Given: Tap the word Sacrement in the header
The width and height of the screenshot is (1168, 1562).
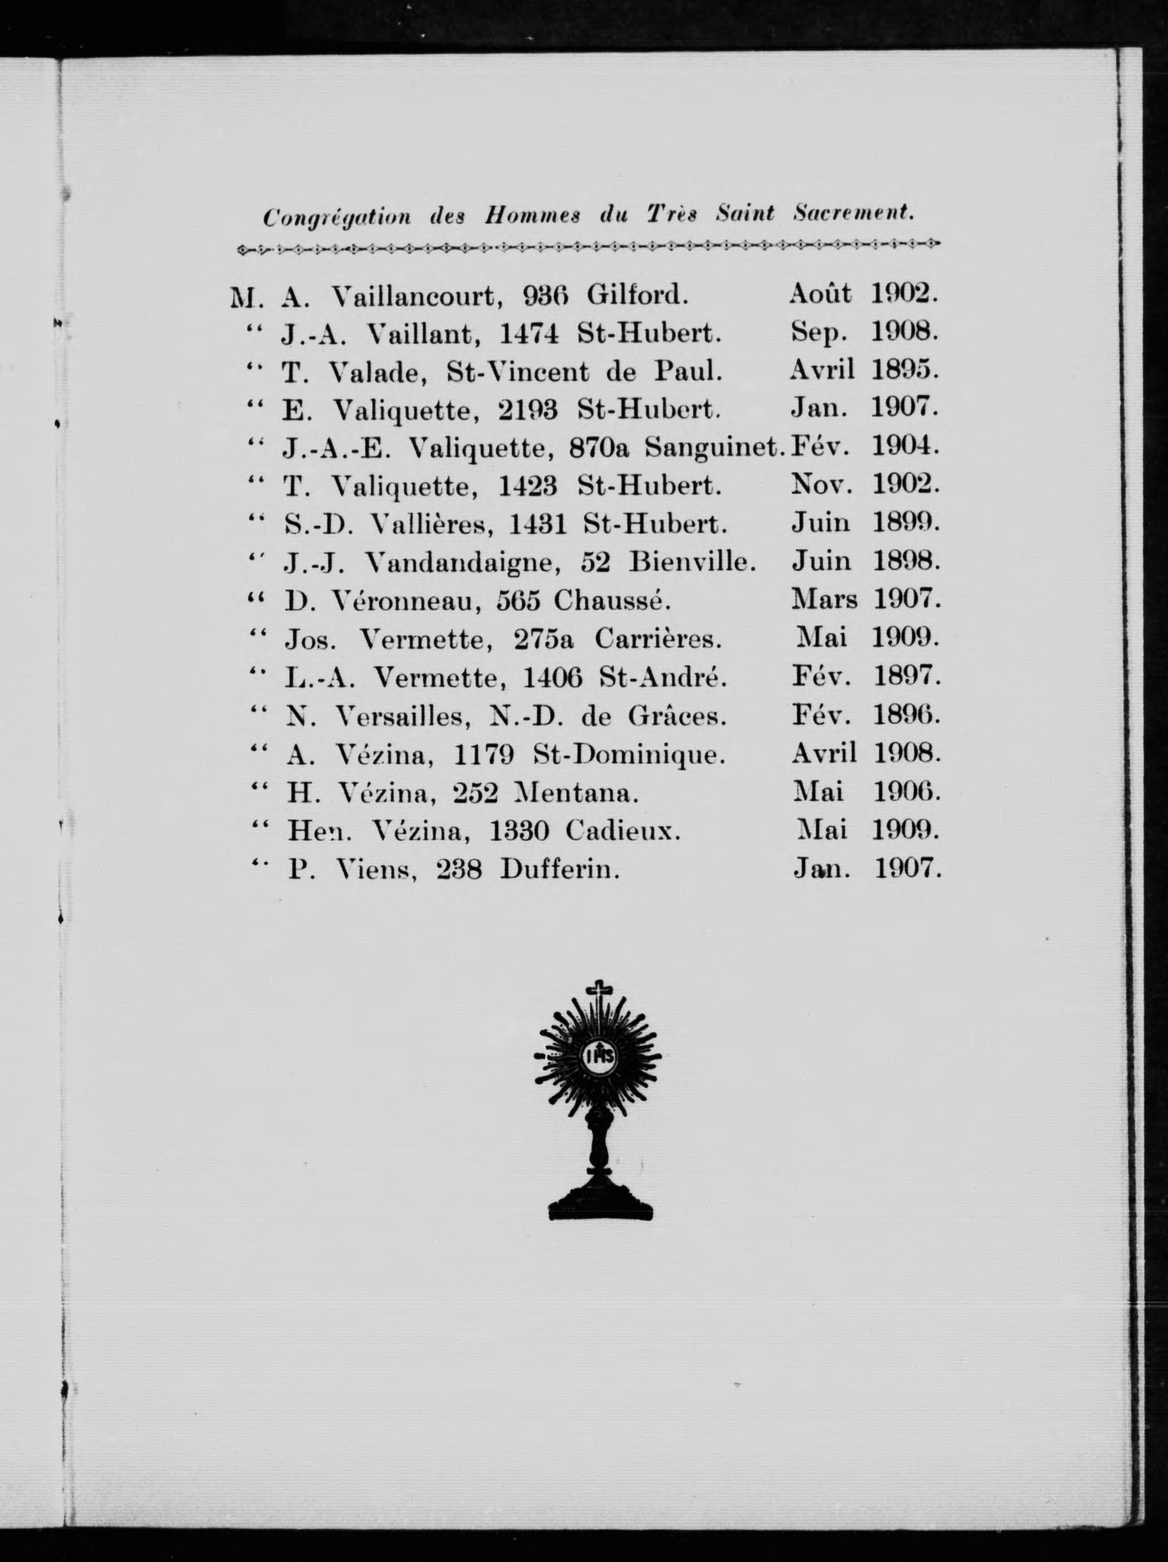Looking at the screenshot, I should coord(853,213).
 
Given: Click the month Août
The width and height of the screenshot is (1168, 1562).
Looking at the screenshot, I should coord(820,293).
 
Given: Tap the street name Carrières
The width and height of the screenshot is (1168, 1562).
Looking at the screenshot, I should coord(657,639).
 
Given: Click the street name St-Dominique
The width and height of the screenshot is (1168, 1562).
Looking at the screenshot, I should coord(628,755).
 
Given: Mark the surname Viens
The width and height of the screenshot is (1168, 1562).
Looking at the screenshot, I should coord(376,870).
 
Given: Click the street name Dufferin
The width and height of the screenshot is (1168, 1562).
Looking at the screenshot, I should coord(559,870).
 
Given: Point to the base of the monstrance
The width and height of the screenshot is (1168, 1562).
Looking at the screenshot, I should coord(600,1202).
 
